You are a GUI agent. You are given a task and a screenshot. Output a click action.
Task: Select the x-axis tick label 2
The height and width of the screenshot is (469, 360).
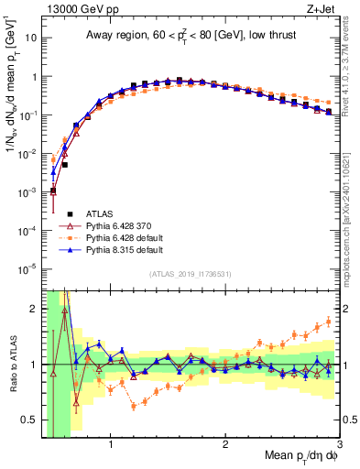[225, 446]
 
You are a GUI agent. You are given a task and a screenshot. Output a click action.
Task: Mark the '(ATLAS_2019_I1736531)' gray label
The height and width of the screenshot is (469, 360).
[191, 274]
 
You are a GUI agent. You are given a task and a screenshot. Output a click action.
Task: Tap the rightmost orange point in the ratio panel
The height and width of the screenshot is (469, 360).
[329, 322]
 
